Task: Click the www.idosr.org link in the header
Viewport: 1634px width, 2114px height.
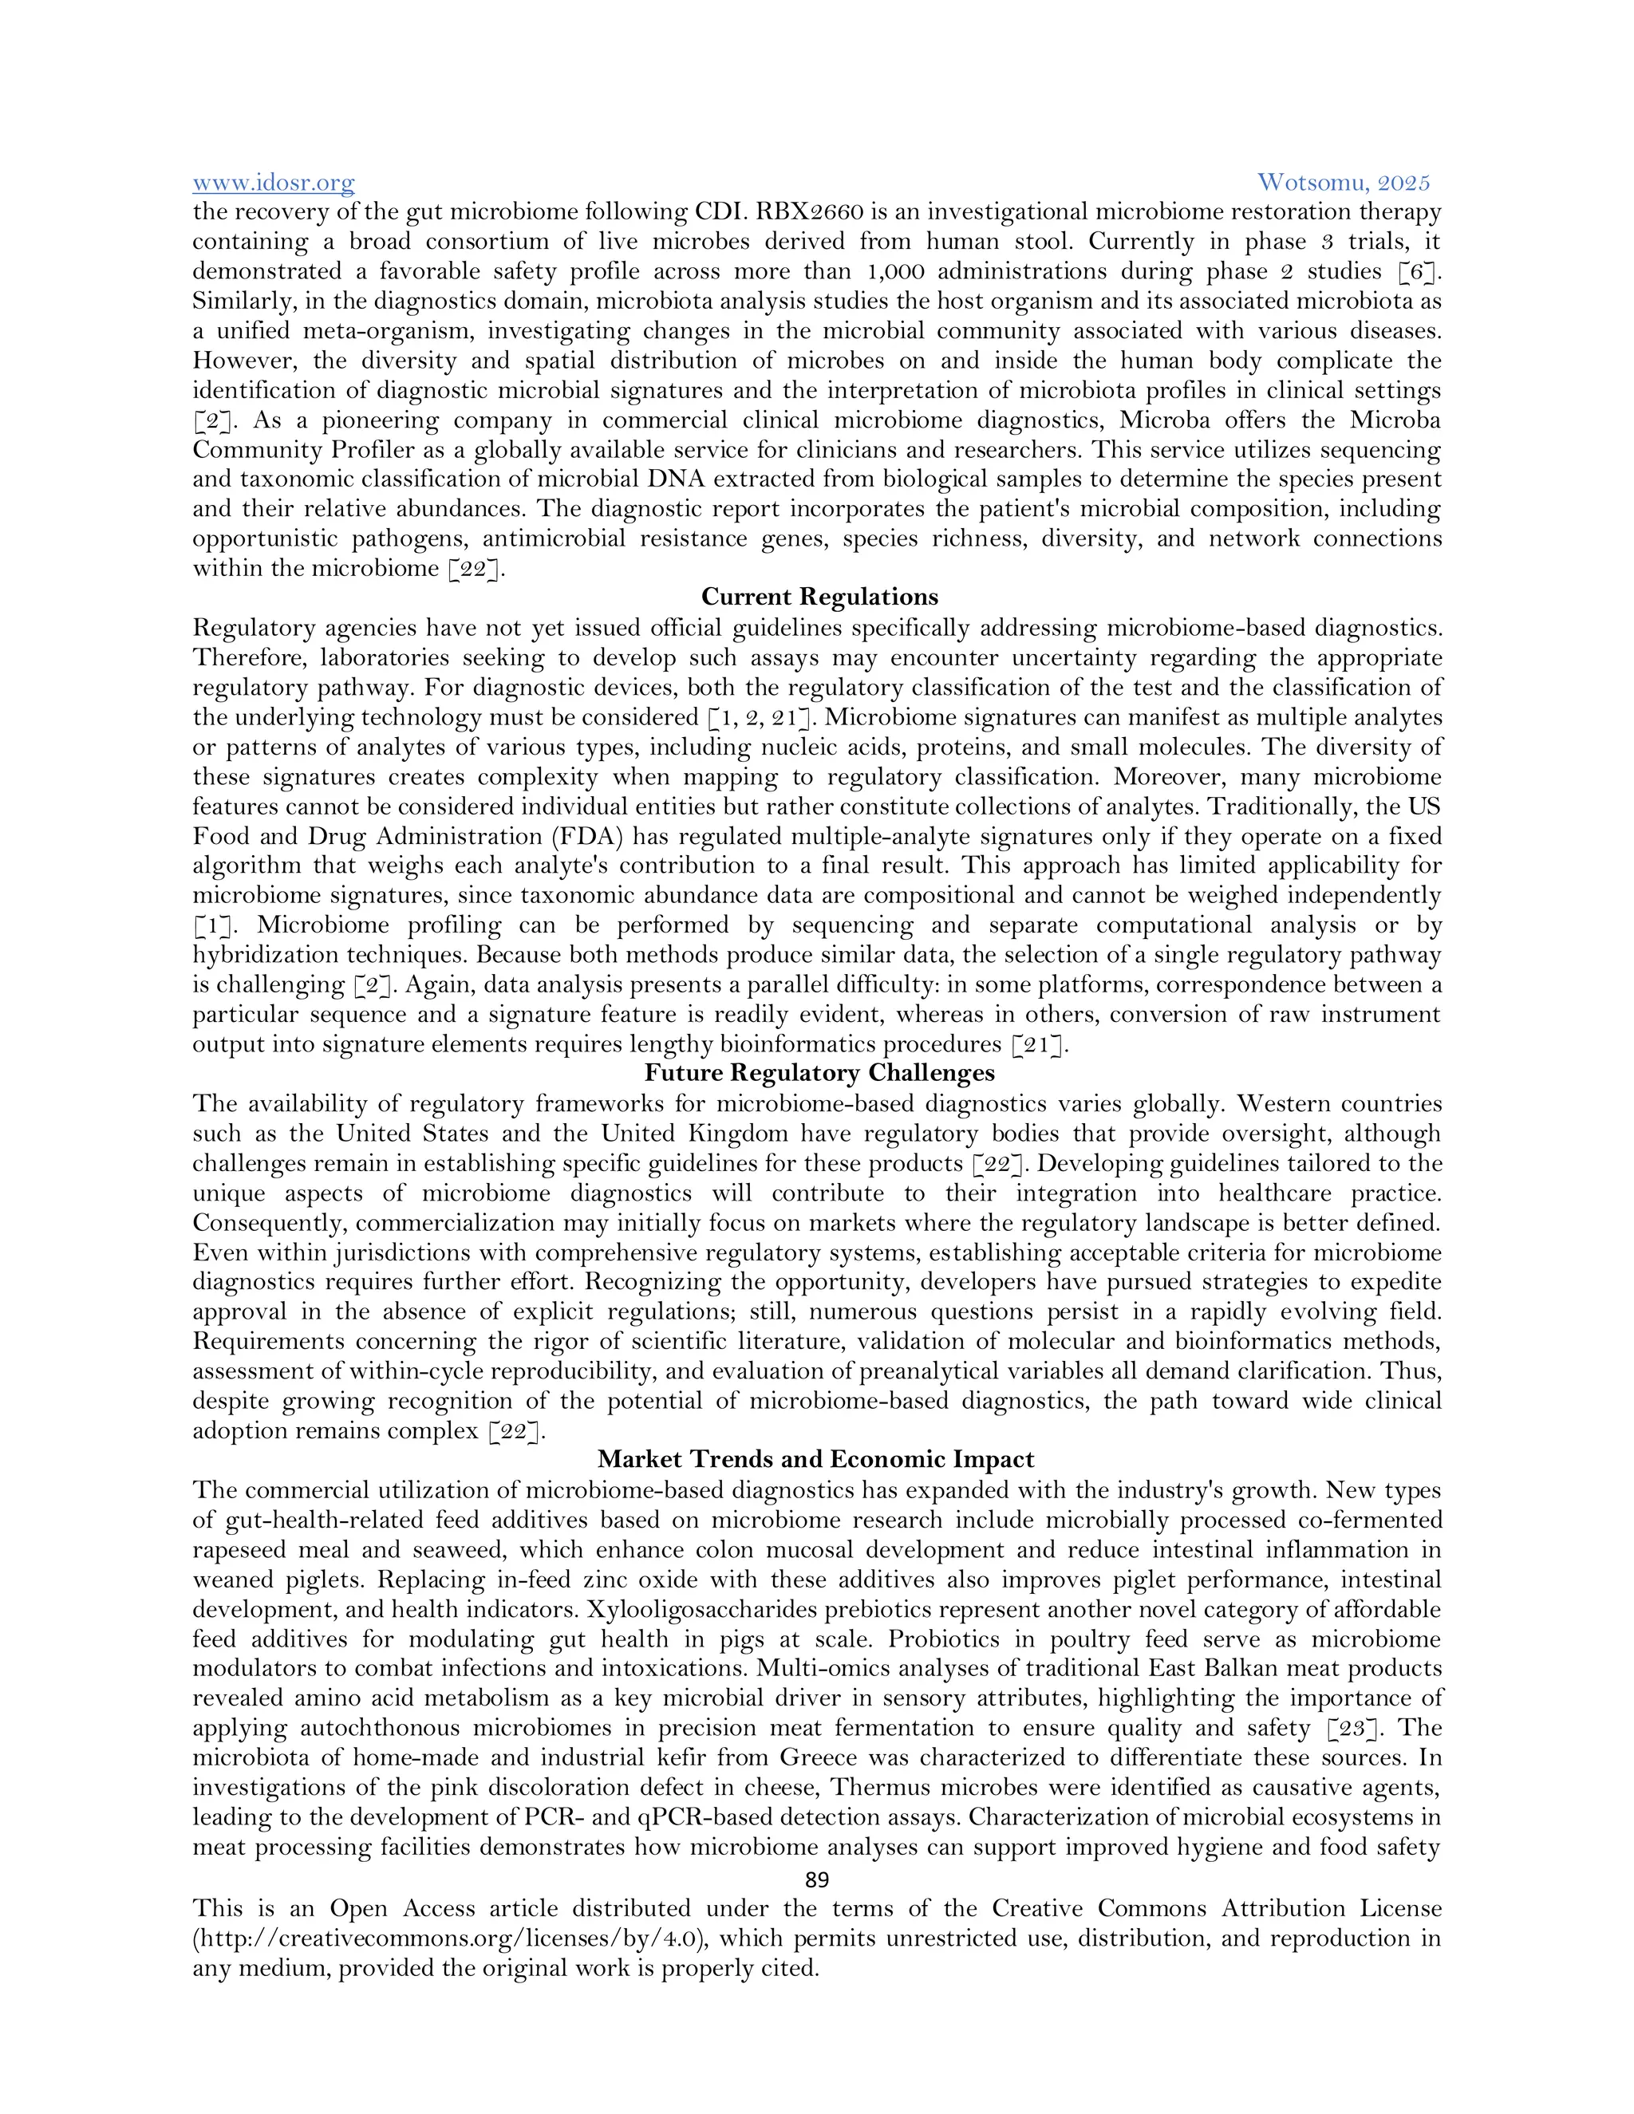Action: pyautogui.click(x=273, y=182)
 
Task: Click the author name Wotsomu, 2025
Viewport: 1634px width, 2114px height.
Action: pyautogui.click(x=1343, y=182)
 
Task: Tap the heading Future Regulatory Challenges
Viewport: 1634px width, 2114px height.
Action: pyautogui.click(x=819, y=1072)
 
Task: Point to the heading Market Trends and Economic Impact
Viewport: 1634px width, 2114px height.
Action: pyautogui.click(x=815, y=1460)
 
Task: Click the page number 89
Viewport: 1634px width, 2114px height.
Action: pyautogui.click(x=817, y=1879)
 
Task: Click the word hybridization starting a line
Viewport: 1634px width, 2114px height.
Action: pyautogui.click(x=263, y=956)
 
